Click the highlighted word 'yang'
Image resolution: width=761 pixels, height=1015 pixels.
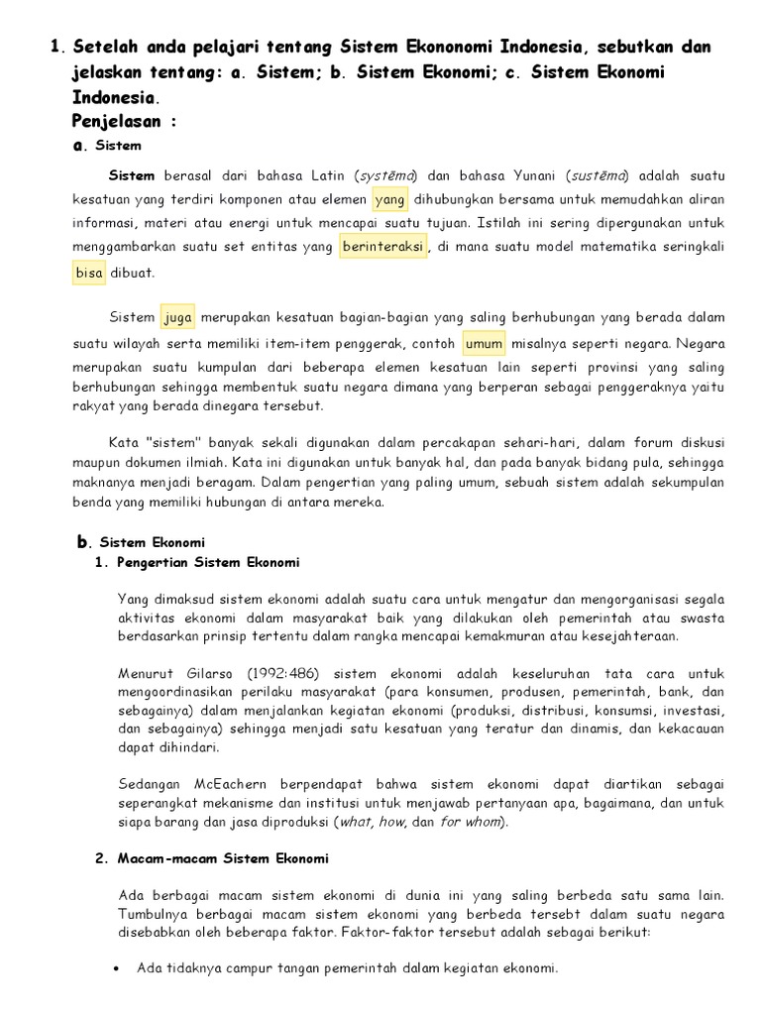pos(390,200)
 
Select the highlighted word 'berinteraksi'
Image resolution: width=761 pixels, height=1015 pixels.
pos(382,246)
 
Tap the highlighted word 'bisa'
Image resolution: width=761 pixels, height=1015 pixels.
pos(89,273)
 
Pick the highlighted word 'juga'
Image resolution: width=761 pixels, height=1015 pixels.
pos(178,318)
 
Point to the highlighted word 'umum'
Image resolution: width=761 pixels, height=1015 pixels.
pos(485,344)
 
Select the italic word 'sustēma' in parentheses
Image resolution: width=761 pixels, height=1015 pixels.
pos(598,175)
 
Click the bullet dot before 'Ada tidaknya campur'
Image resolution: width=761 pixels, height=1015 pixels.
pos(119,968)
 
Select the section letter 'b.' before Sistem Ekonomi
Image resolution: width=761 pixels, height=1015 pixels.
pos(83,542)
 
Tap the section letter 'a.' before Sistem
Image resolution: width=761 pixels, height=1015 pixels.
pos(79,146)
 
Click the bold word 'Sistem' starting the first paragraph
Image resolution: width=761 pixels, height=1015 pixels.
pos(132,175)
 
